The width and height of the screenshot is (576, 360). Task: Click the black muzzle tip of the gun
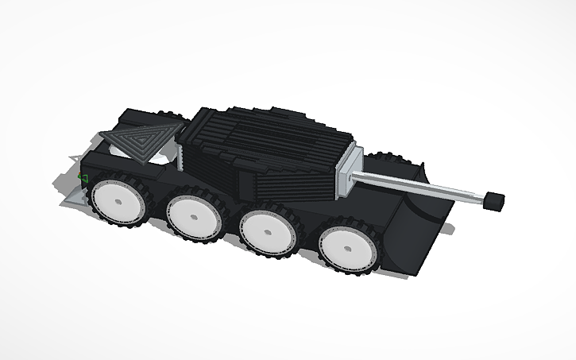(494, 200)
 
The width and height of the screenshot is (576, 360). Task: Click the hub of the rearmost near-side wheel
(118, 203)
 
